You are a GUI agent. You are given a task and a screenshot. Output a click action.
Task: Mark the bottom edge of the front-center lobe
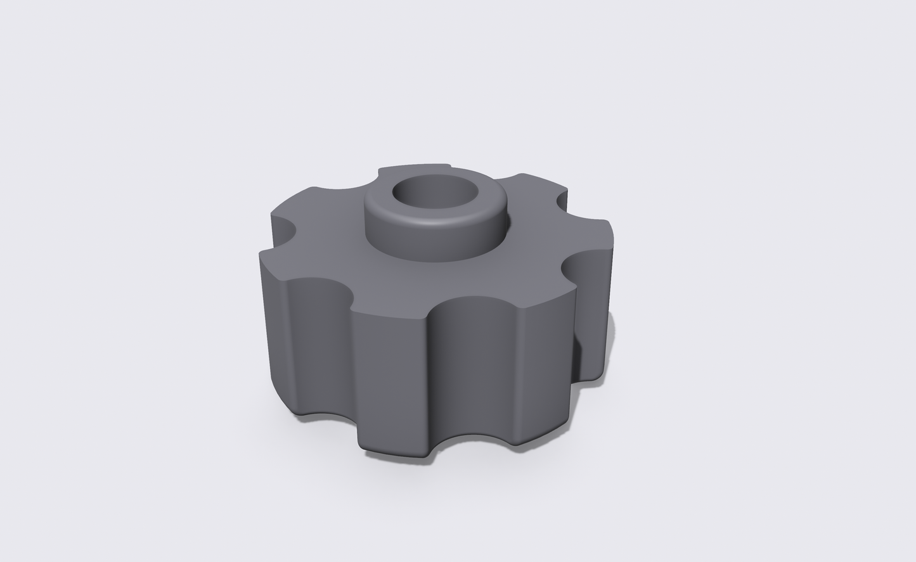click(x=393, y=454)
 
